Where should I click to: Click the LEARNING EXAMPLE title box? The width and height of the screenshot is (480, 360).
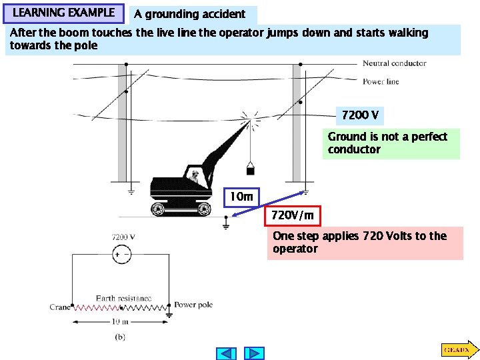point(63,13)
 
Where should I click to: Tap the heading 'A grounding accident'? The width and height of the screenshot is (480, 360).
point(190,14)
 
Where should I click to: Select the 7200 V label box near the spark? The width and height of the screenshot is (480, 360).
point(360,116)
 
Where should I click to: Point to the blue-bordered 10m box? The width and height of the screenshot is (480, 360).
point(241,197)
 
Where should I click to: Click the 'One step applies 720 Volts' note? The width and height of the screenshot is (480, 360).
point(364,243)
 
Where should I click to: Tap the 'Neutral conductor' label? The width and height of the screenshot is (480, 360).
point(394,63)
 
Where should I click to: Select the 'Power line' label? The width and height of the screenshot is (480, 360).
point(381,82)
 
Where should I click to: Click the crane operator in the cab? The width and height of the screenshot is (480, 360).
point(194,176)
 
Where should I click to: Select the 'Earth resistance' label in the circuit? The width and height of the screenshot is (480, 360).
point(123,298)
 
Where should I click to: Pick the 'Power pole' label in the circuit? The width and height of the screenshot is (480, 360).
point(193,305)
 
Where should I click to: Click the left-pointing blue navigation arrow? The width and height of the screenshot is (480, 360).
point(227,353)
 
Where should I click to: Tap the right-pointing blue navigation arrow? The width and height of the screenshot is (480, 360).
point(254,353)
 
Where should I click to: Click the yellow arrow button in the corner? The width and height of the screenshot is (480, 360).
point(457,349)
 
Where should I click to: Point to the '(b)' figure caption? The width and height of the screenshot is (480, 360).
point(119,337)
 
